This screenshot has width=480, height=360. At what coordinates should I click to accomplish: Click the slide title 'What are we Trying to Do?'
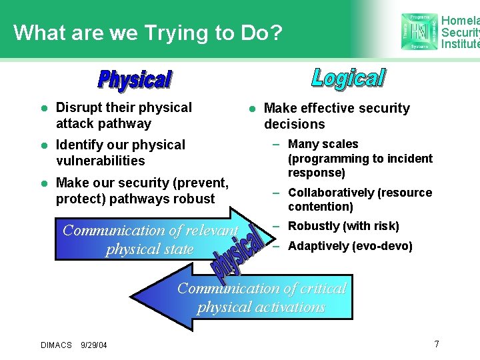pos(148,32)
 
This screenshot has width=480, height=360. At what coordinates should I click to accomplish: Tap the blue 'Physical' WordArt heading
pos(135,79)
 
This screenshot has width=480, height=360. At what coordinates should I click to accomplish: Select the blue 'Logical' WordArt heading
pos(348,78)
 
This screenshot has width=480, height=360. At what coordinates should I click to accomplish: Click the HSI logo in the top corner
pos(419,31)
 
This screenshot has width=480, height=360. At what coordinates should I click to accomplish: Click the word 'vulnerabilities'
pos(100,161)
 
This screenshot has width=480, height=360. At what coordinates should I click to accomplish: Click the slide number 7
pos(437,344)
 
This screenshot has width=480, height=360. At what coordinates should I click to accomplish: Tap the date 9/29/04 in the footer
pos(93,345)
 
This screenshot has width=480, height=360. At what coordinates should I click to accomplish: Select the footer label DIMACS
pos(56,345)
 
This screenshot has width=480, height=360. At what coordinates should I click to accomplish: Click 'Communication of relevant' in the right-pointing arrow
pos(150,231)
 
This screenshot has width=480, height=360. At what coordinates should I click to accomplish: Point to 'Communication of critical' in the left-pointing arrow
pos(261,289)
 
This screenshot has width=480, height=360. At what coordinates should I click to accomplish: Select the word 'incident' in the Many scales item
pos(411,159)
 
